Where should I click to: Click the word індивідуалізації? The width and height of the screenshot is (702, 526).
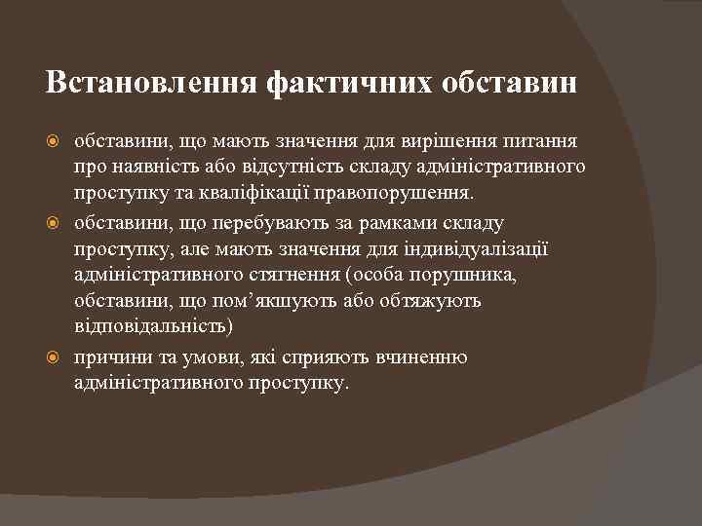475,249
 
